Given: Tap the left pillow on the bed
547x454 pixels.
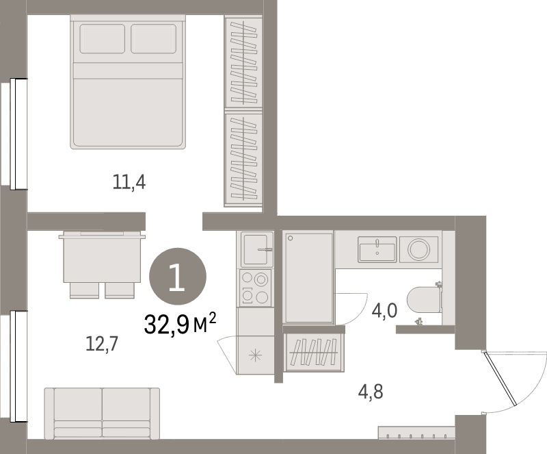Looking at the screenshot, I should pyautogui.click(x=103, y=38).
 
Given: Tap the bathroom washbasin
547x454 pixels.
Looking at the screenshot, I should pyautogui.click(x=377, y=248).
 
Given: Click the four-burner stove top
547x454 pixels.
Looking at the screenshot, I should pyautogui.click(x=255, y=286).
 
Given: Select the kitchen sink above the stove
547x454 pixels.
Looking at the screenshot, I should pyautogui.click(x=254, y=249).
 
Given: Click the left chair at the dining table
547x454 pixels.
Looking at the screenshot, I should pyautogui.click(x=84, y=290).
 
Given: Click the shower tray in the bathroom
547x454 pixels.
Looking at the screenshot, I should pyautogui.click(x=308, y=277).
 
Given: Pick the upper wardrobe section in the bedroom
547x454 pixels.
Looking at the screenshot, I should pyautogui.click(x=243, y=61).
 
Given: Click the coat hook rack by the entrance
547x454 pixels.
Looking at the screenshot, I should pyautogui.click(x=416, y=434).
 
